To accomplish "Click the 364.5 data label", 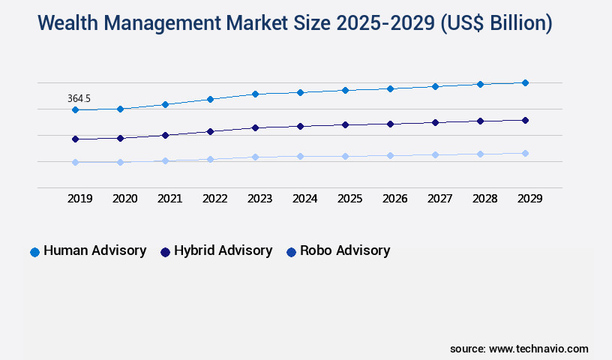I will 79,98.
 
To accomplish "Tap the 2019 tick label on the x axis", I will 79,199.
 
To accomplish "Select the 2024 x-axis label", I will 304,199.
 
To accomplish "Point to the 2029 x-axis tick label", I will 529,199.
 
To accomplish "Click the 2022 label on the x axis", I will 214,199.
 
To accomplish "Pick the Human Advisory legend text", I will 94,250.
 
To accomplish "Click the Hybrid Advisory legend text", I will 223,250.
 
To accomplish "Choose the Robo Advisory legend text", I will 345,250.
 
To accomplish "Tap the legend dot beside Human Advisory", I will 34,252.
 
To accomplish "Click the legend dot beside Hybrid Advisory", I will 165,252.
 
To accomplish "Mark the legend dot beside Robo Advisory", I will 291,252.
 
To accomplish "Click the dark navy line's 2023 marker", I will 255,127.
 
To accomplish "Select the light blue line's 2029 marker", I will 525,153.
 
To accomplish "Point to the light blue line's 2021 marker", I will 165,160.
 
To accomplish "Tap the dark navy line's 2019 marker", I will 75,139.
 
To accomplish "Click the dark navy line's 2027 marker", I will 435,122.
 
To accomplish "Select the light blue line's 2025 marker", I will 345,156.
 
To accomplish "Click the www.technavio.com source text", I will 538,349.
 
